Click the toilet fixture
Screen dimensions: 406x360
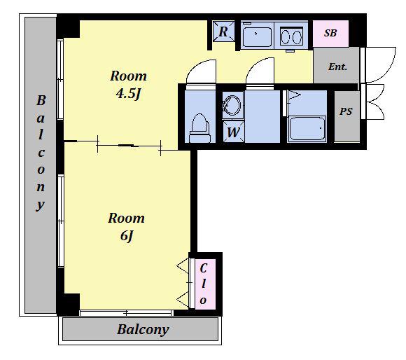pos(199,128)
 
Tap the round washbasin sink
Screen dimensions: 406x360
pos(232,105)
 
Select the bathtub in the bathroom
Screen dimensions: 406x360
pos(307,128)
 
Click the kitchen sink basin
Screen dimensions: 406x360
pos(257,36)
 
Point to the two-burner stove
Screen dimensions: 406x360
pos(292,36)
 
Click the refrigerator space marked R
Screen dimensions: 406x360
pos(223,32)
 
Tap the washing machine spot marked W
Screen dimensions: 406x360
pos(233,132)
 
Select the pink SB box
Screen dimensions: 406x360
pos(330,34)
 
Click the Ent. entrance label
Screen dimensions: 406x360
pos(337,67)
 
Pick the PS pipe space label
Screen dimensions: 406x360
pos(346,111)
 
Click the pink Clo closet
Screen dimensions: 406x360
pos(205,284)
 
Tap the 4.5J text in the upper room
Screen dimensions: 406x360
pos(128,93)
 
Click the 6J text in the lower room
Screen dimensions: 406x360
pos(127,236)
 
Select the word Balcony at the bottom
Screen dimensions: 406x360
pos(143,330)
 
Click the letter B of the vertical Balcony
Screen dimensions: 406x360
pos(41,100)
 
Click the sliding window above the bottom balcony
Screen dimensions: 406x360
pos(127,313)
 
